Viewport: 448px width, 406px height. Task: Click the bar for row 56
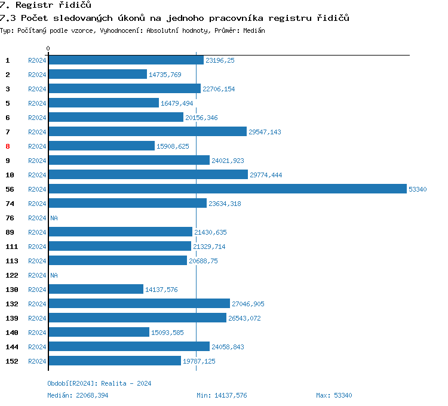click(227, 189)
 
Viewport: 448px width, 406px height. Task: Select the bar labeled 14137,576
click(96, 290)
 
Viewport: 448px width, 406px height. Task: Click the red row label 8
click(8, 146)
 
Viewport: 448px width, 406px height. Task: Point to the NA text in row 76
click(54, 218)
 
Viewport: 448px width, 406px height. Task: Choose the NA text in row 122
click(54, 275)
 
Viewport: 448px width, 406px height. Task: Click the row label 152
click(11, 361)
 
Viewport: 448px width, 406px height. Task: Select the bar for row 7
click(147, 132)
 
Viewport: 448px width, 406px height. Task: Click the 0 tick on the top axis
click(48, 48)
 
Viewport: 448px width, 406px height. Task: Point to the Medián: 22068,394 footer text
click(78, 395)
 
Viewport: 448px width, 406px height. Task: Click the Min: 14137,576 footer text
click(222, 395)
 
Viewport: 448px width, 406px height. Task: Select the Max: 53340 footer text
click(334, 395)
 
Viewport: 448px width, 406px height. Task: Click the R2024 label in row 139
click(37, 318)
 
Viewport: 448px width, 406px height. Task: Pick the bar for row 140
click(99, 333)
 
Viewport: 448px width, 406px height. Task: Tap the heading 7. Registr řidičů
click(45, 5)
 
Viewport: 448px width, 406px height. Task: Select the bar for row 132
click(139, 304)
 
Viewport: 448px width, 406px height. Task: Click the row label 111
click(11, 247)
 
